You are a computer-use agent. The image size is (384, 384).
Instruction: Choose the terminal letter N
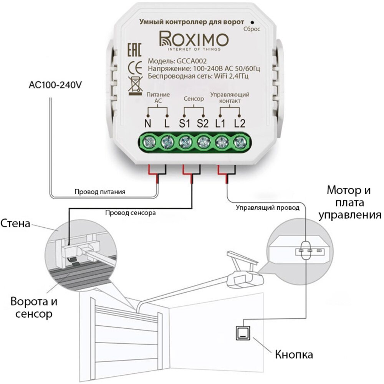(147, 124)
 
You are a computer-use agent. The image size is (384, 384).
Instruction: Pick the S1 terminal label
(184, 124)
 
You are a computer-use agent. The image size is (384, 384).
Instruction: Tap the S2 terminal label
(202, 124)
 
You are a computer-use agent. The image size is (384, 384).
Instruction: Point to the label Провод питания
(100, 191)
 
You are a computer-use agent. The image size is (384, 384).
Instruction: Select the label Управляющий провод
(267, 208)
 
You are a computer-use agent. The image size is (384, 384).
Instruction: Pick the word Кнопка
(294, 354)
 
